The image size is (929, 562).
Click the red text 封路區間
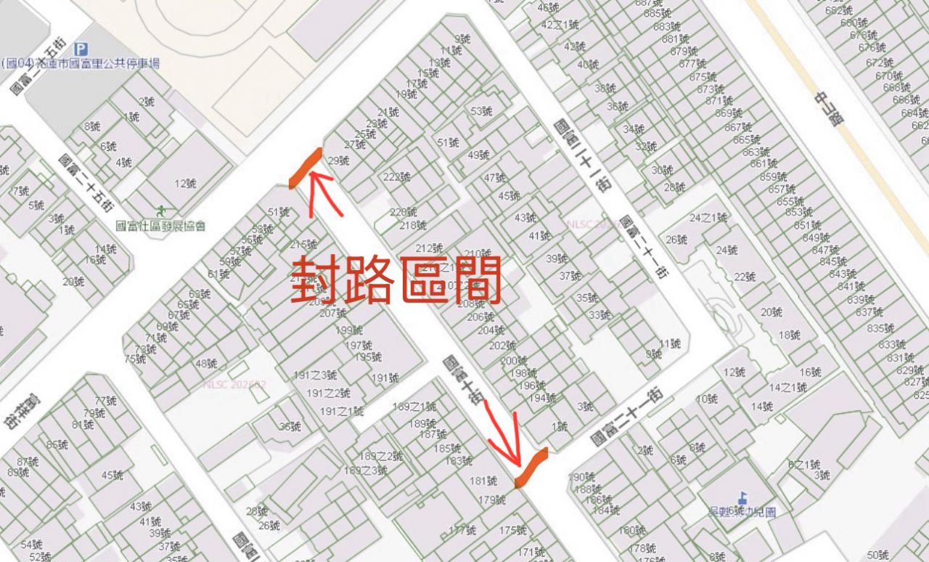pos(396,281)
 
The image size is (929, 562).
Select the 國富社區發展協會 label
pos(167,226)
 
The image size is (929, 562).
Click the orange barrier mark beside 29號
pos(305,168)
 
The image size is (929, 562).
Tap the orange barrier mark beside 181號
pos(531,467)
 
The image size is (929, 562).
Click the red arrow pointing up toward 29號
pos(319,192)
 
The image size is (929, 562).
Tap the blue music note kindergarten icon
pos(742,498)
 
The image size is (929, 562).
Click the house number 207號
pos(333,314)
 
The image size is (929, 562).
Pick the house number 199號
pos(349,330)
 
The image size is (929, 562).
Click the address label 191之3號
pos(316,375)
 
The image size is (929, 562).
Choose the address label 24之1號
pos(708,218)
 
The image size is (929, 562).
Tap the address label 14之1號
pos(788,388)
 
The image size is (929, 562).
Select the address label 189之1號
pos(414,407)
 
